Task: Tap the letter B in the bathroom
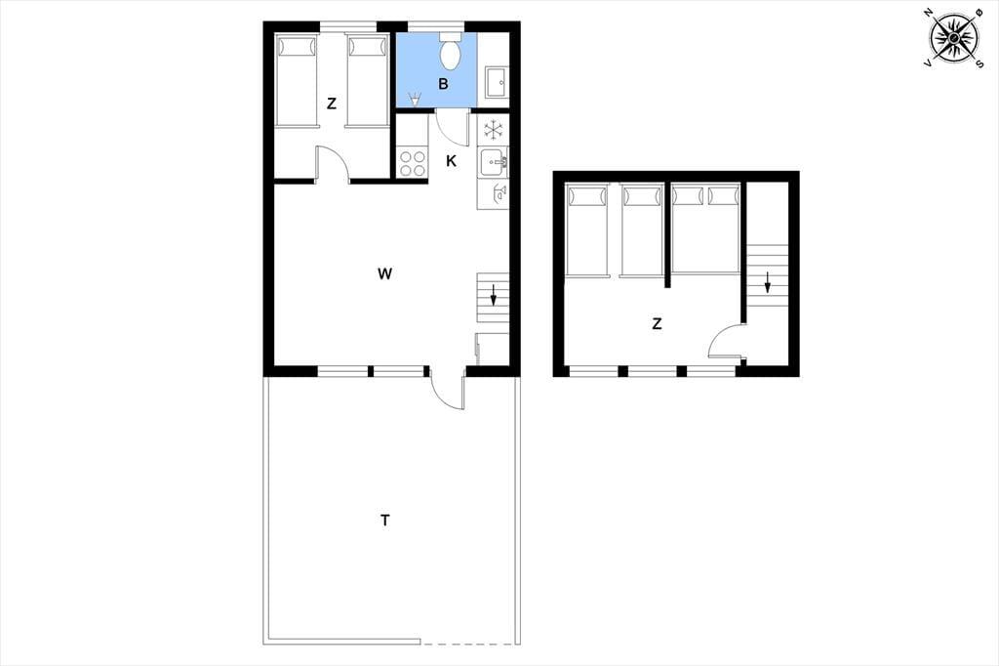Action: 443,84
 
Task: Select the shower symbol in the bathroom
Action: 415,100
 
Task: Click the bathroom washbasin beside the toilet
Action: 497,82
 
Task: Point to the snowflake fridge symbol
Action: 493,130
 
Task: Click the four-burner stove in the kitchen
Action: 412,163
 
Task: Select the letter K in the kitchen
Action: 451,161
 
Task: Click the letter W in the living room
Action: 384,273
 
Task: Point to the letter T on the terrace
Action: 384,520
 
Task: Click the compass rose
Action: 954,38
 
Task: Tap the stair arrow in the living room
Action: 493,295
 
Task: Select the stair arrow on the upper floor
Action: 768,282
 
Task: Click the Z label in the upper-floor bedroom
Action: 657,323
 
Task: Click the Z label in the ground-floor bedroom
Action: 332,104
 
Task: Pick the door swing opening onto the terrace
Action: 446,390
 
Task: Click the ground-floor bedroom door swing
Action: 333,165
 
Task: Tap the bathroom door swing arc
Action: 452,129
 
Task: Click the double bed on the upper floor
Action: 704,229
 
